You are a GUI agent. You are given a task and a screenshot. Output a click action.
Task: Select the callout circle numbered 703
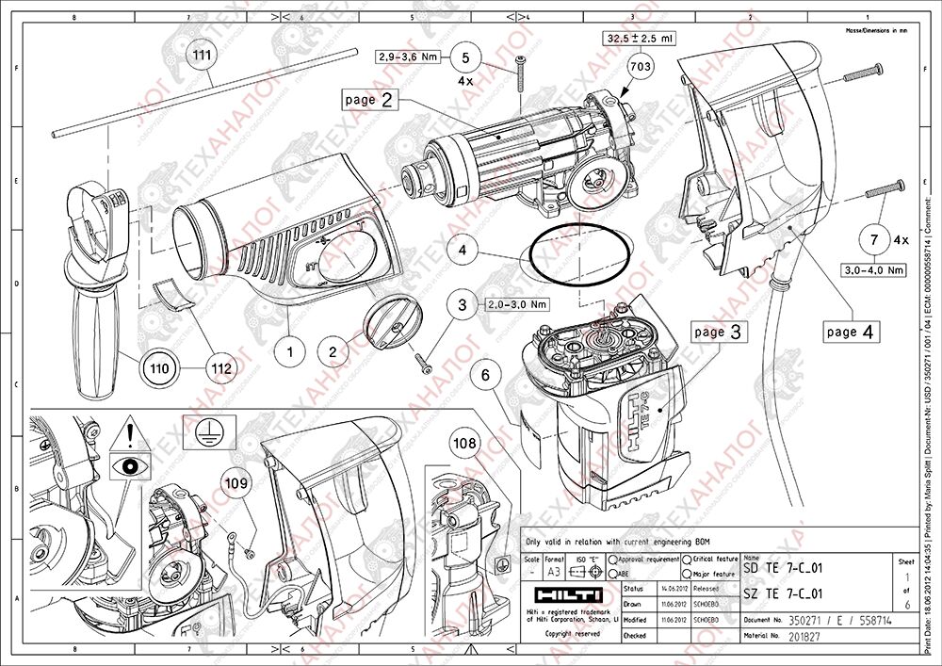640,67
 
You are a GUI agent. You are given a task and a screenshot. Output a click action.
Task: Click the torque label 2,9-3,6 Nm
408,57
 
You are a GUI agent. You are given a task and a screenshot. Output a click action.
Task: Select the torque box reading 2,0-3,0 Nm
516,305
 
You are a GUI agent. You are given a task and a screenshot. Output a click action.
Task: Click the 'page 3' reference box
721,332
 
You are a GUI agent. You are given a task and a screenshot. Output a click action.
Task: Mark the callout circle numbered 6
485,375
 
